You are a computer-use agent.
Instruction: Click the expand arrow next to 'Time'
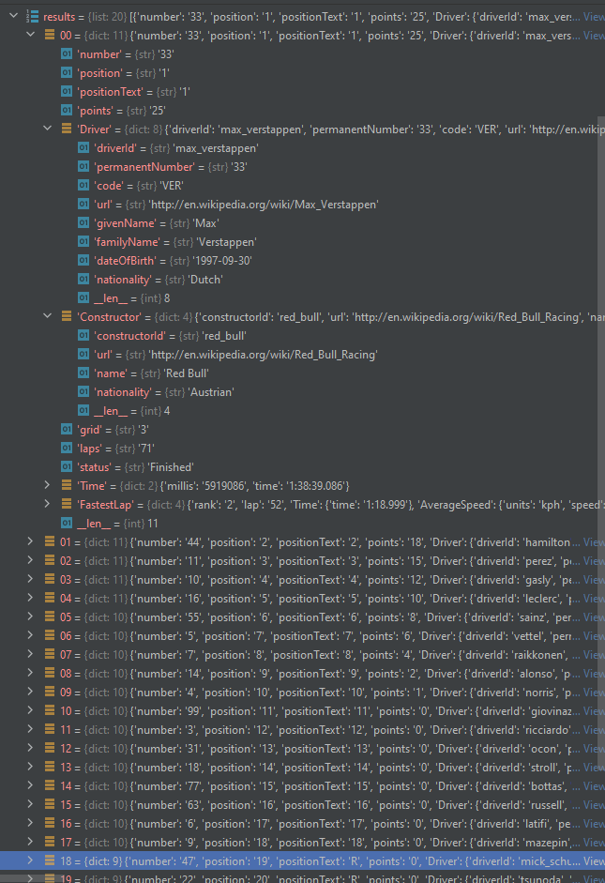[48, 485]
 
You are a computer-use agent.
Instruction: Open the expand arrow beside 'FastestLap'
[48, 504]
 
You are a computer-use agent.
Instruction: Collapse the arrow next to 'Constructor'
[48, 316]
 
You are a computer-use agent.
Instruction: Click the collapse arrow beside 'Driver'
[48, 129]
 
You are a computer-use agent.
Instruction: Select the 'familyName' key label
[123, 241]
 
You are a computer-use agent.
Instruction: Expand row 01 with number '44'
[31, 541]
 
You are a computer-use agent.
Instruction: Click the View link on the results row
[593, 17]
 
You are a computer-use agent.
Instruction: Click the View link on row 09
[593, 692]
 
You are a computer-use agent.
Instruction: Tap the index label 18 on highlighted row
[65, 860]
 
